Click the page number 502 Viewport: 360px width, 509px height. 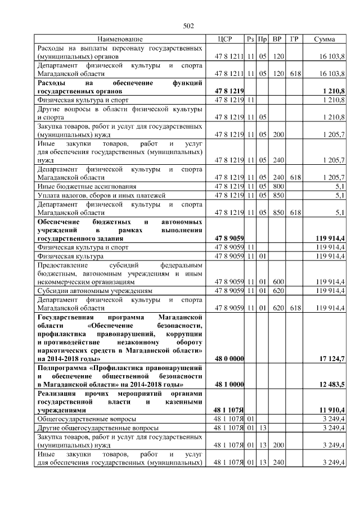click(x=188, y=25)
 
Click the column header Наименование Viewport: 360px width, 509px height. click(x=120, y=39)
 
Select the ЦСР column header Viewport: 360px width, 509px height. click(x=224, y=39)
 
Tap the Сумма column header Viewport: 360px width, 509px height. click(x=325, y=39)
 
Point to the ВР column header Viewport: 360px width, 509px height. click(x=277, y=39)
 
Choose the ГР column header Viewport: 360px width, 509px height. click(x=294, y=39)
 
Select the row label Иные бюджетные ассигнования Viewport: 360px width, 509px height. click(x=85, y=186)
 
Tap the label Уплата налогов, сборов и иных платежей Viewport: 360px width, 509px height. click(x=101, y=195)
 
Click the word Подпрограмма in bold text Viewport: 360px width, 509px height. click(x=63, y=367)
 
